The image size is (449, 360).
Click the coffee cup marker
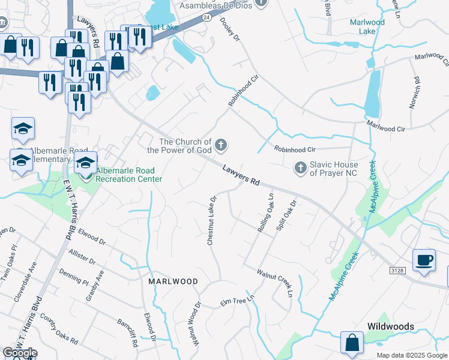coord(424,260)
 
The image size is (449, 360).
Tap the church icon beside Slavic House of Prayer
coord(300,168)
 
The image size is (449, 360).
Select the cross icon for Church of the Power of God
coord(221,144)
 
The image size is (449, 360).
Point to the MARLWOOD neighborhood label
coord(173,281)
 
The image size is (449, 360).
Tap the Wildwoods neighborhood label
coord(391,326)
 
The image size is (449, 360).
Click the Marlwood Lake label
coord(367,26)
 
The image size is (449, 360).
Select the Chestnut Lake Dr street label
coord(212,220)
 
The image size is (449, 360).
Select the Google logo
coord(20,353)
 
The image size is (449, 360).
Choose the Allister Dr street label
coord(82,257)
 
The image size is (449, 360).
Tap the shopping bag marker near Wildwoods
coord(352,343)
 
